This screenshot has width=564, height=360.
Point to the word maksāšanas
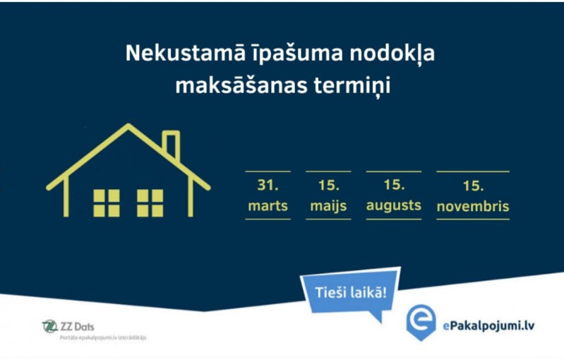[x=241, y=85]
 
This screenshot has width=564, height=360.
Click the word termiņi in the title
[x=352, y=87]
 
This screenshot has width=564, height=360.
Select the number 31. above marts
[x=268, y=185]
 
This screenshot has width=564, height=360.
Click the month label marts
[x=268, y=206]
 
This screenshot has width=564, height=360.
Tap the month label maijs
[x=328, y=207]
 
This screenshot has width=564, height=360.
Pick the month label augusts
[x=394, y=206]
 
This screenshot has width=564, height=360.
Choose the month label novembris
[x=473, y=206]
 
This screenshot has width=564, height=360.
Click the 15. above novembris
[x=473, y=186]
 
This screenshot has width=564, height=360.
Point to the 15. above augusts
[x=394, y=185]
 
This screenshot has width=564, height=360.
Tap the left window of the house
[x=107, y=203]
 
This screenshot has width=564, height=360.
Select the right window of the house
[x=150, y=203]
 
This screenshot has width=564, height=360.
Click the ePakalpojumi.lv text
[x=488, y=326]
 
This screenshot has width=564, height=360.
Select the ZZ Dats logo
[x=68, y=326]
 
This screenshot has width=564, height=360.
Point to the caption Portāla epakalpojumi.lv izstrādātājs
[x=103, y=337]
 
